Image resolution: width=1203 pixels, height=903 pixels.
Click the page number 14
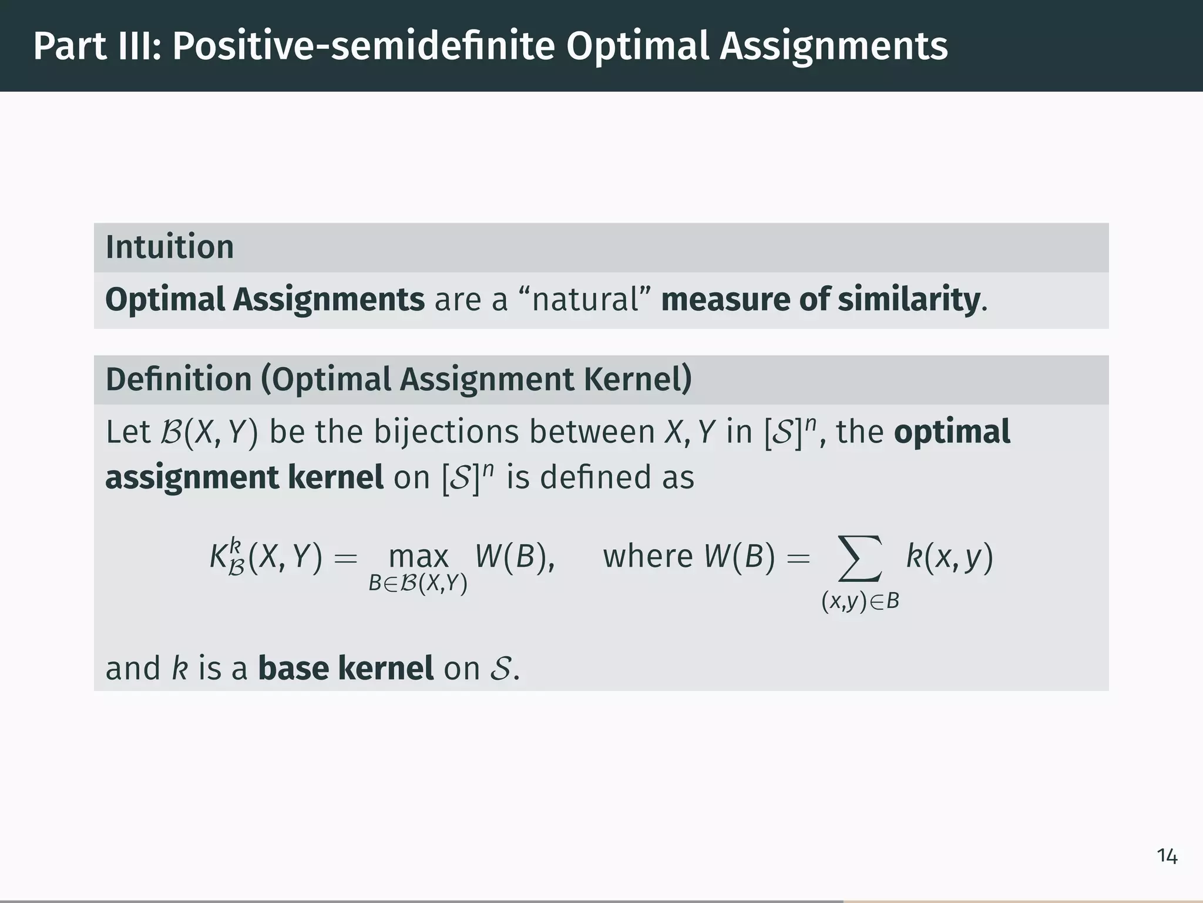pos(1167,856)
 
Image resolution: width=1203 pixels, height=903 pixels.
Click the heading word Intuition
pos(169,247)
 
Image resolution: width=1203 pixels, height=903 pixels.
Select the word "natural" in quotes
pos(585,299)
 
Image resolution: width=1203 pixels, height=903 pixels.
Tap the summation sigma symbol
pos(861,557)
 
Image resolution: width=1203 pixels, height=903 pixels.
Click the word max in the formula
pos(418,556)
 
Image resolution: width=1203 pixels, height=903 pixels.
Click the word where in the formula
pos(648,556)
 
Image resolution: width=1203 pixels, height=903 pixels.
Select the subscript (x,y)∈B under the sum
pos(860,601)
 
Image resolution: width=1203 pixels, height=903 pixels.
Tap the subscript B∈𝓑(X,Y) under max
pos(418,584)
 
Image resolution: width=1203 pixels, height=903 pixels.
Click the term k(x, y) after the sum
pos(949,556)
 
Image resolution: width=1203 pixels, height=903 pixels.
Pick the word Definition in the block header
pos(179,379)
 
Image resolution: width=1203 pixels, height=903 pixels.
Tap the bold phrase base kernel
pos(345,668)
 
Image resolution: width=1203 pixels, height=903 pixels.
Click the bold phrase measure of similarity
pos(821,299)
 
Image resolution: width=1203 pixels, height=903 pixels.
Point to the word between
pos(592,432)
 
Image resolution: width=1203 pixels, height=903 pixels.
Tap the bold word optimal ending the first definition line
pos(952,432)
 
